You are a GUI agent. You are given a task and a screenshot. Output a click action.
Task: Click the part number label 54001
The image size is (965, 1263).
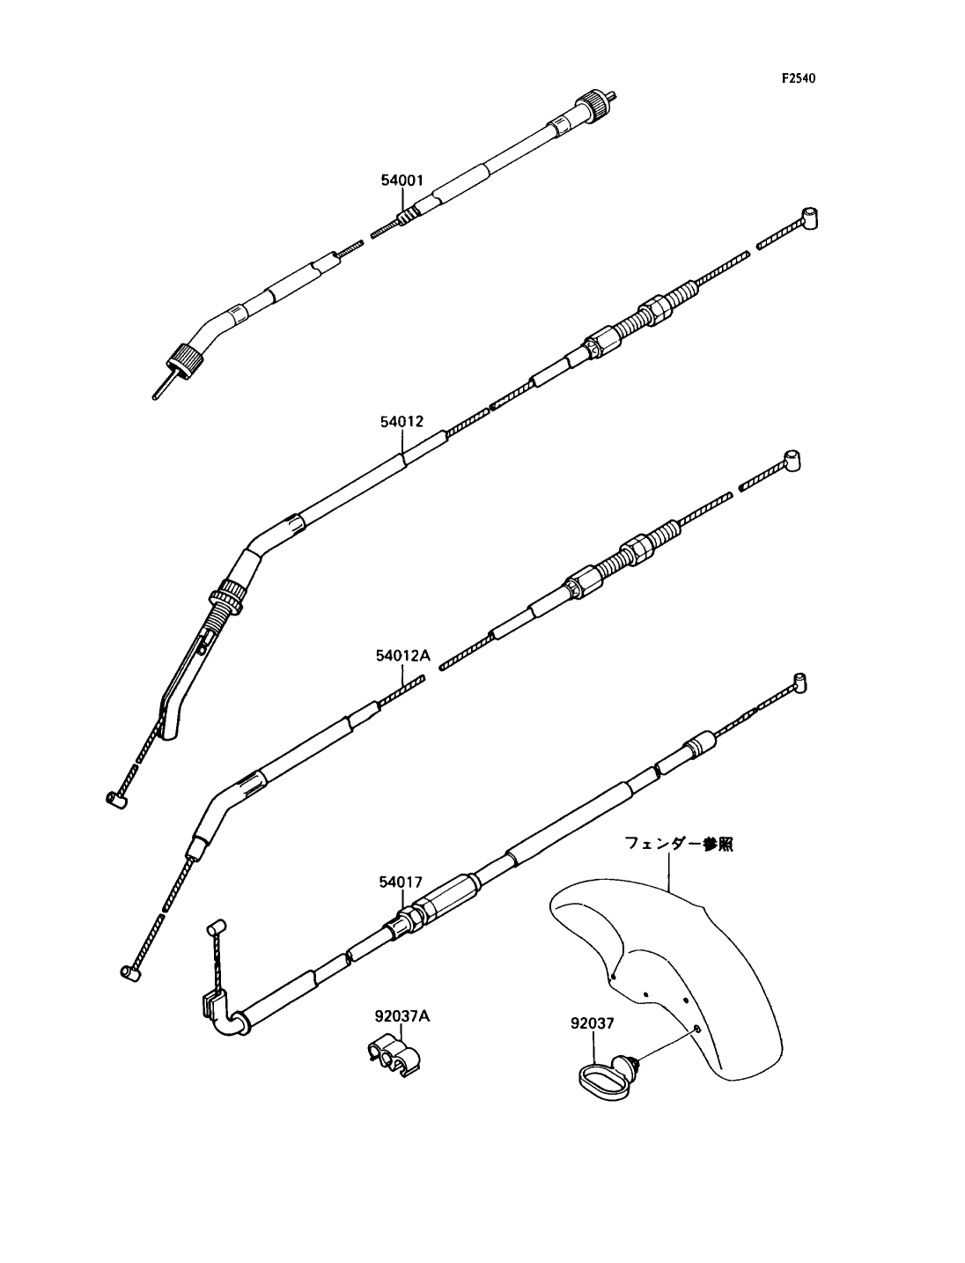401,181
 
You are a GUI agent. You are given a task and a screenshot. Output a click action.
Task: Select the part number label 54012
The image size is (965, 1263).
401,422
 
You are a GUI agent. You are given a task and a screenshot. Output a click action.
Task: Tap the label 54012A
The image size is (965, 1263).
403,656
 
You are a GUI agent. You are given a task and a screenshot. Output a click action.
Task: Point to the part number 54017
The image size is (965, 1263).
401,882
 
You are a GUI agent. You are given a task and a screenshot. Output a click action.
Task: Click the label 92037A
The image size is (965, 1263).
402,1016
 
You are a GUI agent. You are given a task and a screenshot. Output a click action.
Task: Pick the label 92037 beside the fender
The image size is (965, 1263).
593,1023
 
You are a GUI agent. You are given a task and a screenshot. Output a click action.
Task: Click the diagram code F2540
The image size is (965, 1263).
799,78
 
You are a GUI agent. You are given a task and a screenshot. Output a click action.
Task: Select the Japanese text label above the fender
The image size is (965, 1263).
679,844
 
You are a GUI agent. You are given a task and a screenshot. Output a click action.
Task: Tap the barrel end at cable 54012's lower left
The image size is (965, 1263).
117,799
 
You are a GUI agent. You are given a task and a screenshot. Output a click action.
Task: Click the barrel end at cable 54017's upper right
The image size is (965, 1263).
799,683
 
